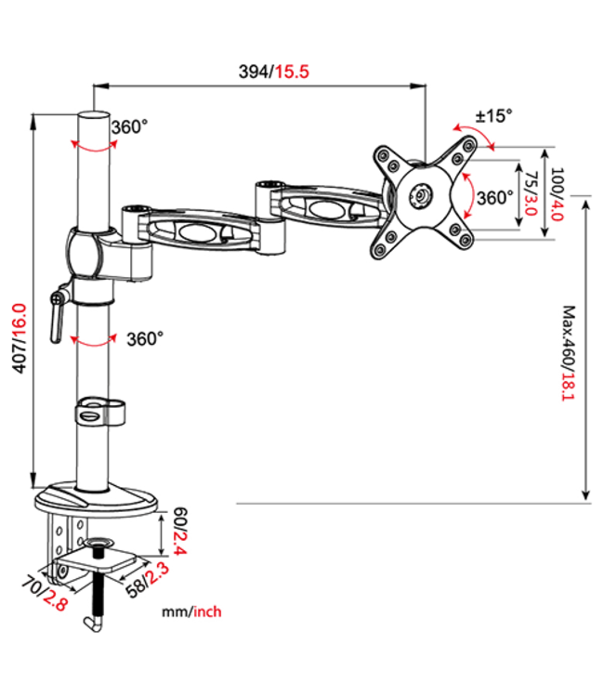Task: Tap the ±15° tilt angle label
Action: (493, 116)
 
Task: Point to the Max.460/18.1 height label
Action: (569, 354)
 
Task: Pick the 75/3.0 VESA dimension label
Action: (531, 193)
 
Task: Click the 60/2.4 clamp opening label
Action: (180, 533)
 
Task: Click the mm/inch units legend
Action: (190, 612)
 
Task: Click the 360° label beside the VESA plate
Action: (494, 197)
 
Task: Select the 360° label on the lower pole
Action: (144, 338)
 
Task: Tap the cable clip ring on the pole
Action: (94, 412)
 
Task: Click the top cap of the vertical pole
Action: (93, 115)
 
